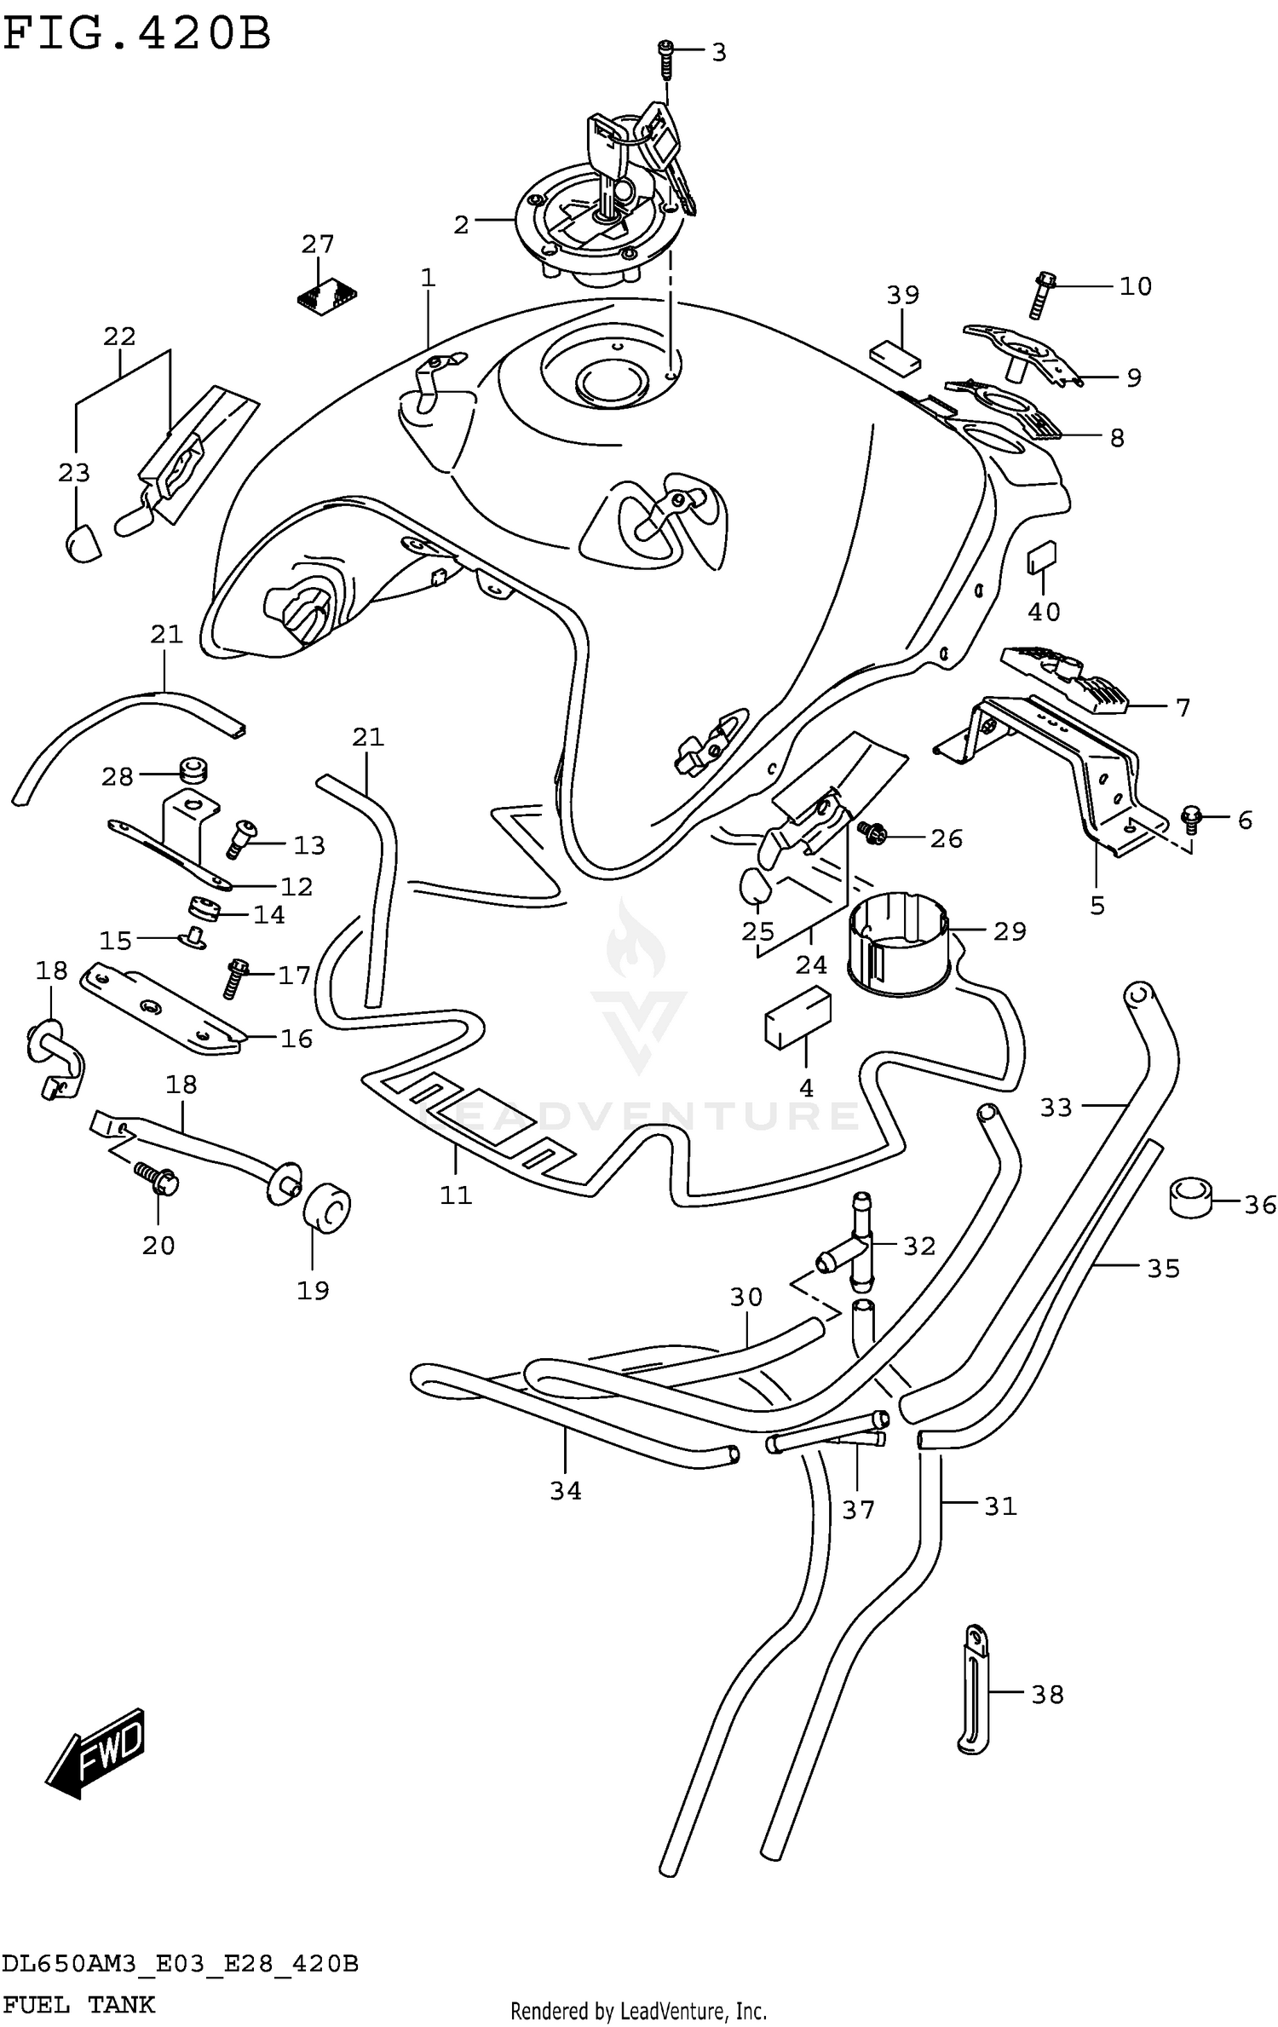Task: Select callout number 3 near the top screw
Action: [718, 53]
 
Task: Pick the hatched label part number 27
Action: [326, 295]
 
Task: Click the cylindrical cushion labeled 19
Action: [327, 1206]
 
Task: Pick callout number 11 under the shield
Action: [455, 1195]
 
